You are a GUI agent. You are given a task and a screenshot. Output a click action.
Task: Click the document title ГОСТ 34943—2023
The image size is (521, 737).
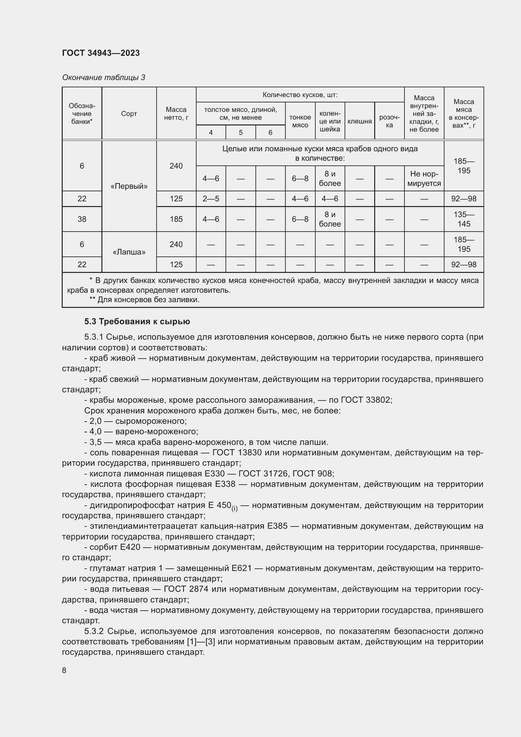pos(101,53)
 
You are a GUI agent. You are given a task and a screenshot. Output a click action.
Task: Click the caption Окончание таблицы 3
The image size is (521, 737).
pos(103,78)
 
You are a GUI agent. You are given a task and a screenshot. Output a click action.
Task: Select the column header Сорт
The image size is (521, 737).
pos(129,114)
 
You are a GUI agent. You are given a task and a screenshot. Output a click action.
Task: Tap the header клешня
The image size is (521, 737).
pos(359,121)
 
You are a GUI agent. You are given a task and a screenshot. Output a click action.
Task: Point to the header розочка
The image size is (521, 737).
pos(389,121)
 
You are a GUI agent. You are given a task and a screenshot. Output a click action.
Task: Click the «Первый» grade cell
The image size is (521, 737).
pos(129,186)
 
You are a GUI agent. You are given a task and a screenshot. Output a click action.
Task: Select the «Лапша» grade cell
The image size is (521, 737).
pos(129,252)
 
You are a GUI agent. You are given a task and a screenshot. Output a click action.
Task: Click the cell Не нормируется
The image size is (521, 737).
pos(424,178)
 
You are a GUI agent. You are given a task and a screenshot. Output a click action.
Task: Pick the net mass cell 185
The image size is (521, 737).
pos(176,219)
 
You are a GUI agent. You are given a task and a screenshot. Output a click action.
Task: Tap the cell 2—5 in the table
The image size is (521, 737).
pos(211,199)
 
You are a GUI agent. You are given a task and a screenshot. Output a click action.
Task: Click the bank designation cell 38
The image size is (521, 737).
pos(82,219)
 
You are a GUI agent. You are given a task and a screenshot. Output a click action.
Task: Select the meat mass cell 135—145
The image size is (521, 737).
pos(464,219)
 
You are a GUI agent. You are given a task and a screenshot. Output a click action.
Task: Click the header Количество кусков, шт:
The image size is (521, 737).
pos(300,95)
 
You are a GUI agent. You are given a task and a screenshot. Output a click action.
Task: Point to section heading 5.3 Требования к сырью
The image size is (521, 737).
pos(137,322)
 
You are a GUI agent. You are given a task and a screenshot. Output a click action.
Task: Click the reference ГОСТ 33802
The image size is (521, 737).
pos(365,400)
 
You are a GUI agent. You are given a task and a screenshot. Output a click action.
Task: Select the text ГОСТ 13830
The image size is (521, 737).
pos(237,453)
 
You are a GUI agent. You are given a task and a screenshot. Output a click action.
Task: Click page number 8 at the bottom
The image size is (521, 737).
pos(64,671)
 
